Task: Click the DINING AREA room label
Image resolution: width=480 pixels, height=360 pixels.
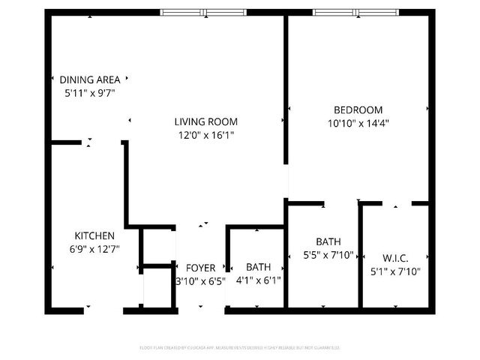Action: [89, 79]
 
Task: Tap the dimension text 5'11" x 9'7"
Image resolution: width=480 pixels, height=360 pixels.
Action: [89, 93]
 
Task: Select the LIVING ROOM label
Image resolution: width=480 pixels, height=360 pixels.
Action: [206, 121]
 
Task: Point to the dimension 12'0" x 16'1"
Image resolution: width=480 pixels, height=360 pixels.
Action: [206, 136]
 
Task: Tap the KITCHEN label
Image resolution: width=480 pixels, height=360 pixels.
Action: [94, 235]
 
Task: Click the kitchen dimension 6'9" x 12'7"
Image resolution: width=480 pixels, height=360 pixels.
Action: [94, 249]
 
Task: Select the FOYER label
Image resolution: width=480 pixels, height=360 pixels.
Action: [200, 268]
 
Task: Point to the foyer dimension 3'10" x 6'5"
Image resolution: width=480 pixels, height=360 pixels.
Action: [200, 281]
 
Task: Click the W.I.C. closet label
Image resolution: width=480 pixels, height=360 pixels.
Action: [390, 257]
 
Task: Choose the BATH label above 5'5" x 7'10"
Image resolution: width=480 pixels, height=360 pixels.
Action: [328, 241]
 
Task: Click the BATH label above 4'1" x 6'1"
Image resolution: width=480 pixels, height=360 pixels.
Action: [259, 267]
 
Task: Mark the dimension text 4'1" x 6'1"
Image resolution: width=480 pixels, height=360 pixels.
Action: [259, 281]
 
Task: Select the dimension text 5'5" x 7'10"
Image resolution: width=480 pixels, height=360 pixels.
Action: [327, 255]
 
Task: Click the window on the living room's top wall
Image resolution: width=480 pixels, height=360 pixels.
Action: [204, 12]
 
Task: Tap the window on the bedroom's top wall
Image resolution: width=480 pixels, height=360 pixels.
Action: [357, 12]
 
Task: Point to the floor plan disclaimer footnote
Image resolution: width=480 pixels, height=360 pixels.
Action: [240, 347]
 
